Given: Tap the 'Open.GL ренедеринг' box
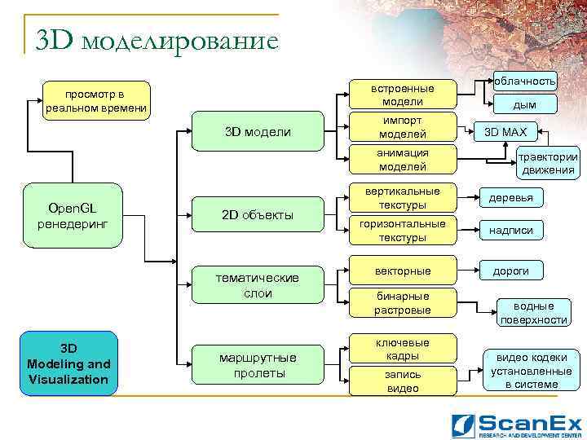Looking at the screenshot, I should [x=73, y=216].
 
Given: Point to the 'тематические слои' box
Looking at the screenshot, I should [x=258, y=285].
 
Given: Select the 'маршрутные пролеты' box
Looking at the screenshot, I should [x=258, y=365].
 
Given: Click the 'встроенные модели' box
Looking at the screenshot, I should [x=402, y=95].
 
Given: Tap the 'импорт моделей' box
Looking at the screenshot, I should [x=402, y=127].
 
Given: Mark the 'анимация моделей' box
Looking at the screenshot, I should [x=402, y=160].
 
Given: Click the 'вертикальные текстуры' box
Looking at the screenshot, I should [x=402, y=198].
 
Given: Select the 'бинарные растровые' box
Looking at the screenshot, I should [x=402, y=302].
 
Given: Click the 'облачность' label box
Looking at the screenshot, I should [x=524, y=80].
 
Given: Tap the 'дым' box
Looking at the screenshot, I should [x=524, y=104].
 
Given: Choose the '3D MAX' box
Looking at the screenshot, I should [x=505, y=132].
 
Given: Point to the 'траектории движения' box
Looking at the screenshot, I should [x=548, y=164].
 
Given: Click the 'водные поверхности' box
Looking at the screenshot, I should [x=534, y=313].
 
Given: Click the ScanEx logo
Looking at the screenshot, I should [x=517, y=425].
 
